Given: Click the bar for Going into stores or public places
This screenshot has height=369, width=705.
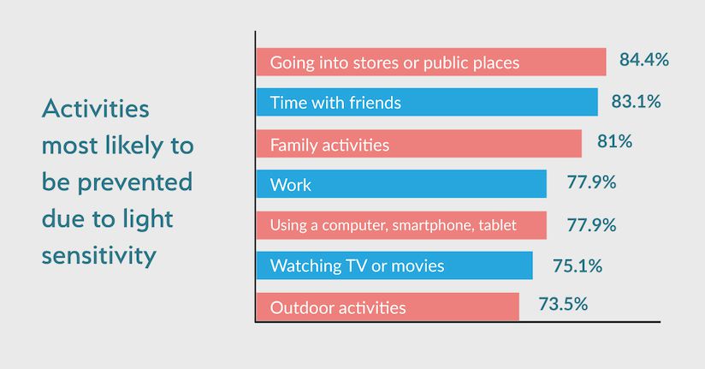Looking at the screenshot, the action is [x=431, y=62].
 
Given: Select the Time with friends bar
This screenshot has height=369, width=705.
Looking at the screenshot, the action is [x=427, y=102].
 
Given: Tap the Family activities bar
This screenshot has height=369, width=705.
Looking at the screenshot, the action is [x=419, y=144].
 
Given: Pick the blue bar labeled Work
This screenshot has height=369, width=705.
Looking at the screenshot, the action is [x=401, y=184].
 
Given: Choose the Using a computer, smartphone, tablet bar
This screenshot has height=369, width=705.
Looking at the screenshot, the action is [x=401, y=225].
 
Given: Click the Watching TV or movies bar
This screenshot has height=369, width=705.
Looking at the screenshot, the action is [x=394, y=265].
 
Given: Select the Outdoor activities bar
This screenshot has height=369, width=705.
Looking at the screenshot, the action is [x=388, y=307].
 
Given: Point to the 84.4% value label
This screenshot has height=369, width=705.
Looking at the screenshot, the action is [x=644, y=59].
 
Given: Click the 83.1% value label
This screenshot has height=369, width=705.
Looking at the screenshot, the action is [x=636, y=101].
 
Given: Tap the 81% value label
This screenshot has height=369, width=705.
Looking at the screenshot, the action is [x=614, y=141].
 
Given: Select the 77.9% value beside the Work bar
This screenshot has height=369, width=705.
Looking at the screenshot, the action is [x=591, y=182].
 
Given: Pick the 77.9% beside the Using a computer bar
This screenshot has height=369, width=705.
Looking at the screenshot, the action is [x=591, y=224].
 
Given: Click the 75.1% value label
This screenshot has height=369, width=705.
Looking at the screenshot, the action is [x=578, y=265].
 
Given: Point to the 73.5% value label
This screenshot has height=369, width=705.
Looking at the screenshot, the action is [x=563, y=304].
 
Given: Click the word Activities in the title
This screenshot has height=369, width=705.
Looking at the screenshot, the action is [x=95, y=109].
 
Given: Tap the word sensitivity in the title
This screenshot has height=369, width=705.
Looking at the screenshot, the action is [x=99, y=256].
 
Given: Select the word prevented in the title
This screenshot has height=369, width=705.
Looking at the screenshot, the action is [x=135, y=182].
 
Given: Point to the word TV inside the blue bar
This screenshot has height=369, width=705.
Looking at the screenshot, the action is [x=357, y=265].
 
